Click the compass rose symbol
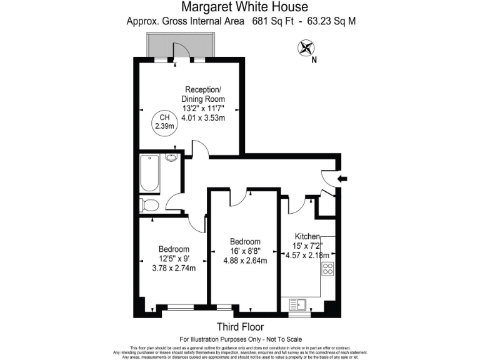tap(306, 48)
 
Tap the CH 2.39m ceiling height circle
tap(164, 121)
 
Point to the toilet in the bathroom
tap(151, 204)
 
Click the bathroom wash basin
tap(172, 157)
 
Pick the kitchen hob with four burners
tap(328, 269)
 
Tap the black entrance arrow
tap(342, 179)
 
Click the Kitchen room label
tap(307, 237)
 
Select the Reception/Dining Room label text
tap(203, 94)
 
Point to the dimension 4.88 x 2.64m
tap(245, 261)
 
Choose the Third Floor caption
tap(240, 327)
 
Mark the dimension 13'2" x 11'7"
tap(203, 108)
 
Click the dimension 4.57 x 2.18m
tap(307, 254)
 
